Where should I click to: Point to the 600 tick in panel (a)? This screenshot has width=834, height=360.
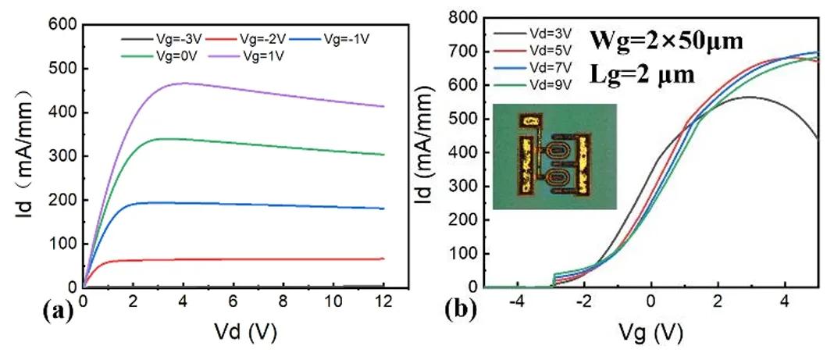point(61,25)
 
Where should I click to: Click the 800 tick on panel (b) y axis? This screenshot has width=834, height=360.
point(466,16)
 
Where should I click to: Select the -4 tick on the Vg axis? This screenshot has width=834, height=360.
point(517,301)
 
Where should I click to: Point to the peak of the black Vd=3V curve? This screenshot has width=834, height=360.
point(749,97)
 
